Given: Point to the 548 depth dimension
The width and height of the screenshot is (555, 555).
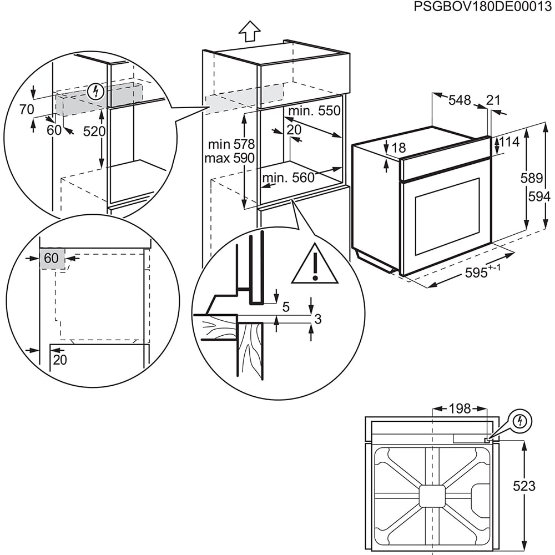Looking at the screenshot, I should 459,100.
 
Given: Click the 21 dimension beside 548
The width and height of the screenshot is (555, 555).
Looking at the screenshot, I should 493,100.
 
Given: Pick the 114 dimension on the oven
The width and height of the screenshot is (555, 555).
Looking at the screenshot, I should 509,142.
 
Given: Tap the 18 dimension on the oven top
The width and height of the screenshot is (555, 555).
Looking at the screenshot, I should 398,148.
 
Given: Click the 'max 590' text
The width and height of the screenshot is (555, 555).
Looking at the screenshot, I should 230,158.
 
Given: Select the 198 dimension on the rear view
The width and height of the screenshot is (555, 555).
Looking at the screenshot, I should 459,409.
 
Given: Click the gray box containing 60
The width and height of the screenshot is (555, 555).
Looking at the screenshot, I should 51,258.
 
